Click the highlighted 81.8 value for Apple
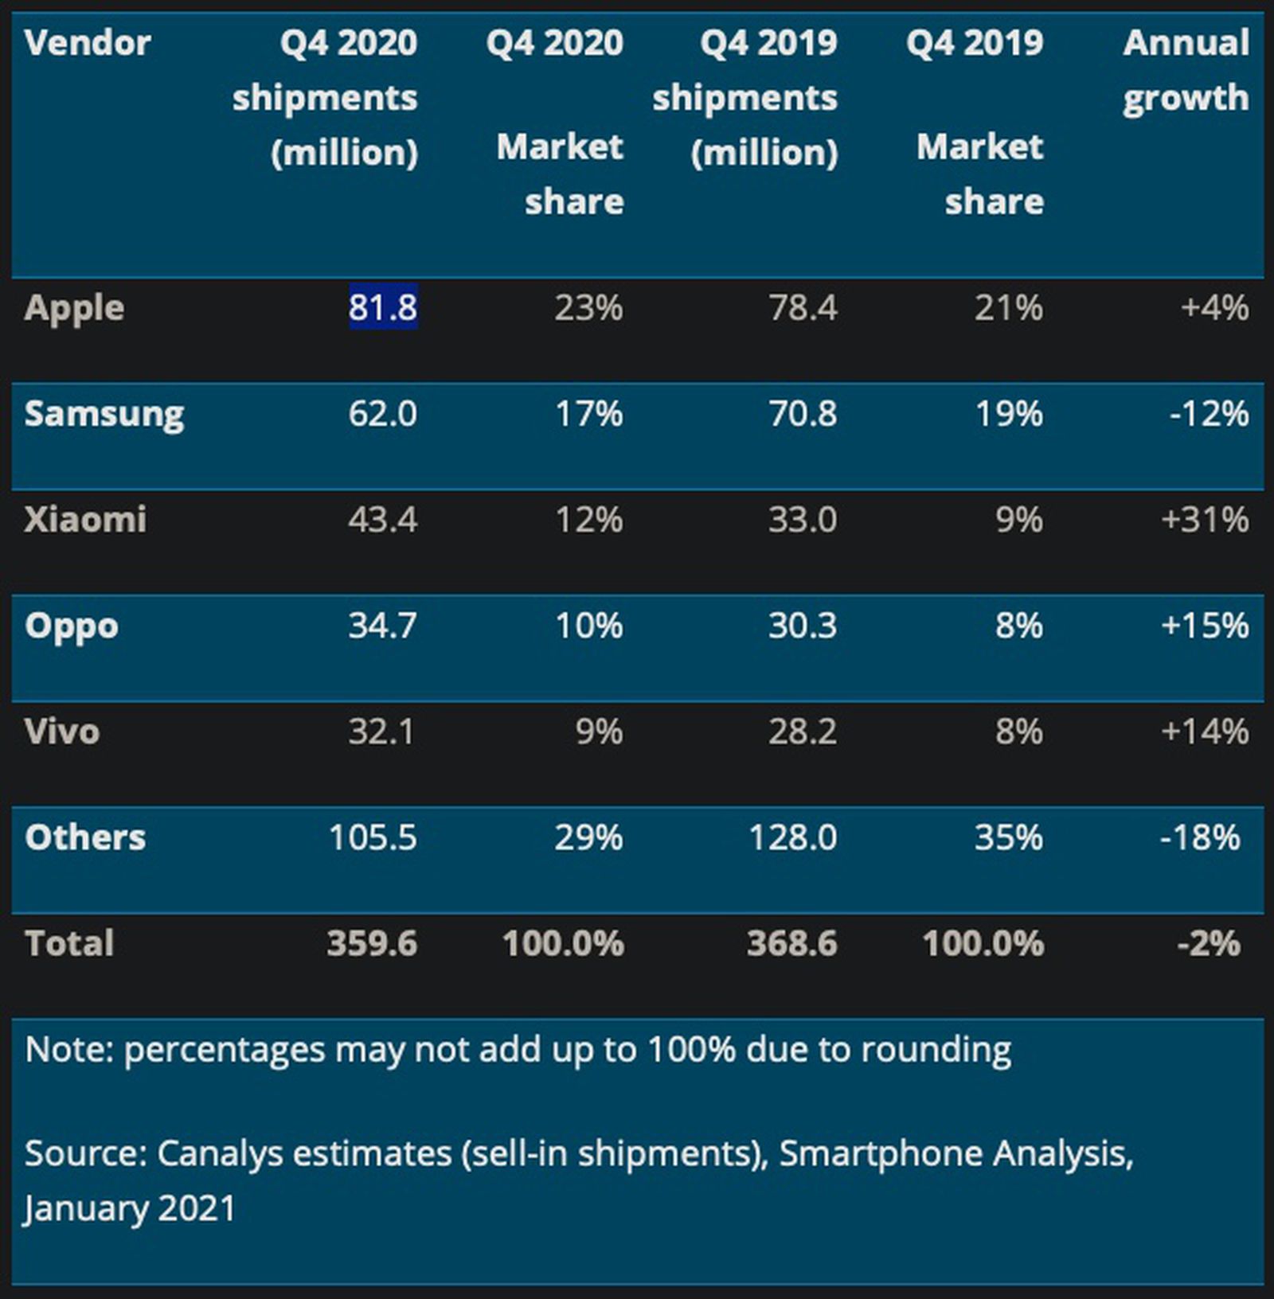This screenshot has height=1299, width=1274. [383, 307]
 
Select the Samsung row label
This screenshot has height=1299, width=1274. [104, 414]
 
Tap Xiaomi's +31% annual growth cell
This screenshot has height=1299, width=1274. [1205, 520]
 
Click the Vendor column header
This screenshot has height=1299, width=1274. [87, 43]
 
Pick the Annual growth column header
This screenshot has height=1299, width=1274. [1186, 70]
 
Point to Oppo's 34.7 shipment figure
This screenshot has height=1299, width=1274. [382, 626]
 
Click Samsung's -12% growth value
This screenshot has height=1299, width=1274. [1209, 414]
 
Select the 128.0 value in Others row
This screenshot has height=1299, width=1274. [793, 837]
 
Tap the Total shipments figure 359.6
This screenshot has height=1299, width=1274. [372, 943]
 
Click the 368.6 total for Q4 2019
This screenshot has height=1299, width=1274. [792, 943]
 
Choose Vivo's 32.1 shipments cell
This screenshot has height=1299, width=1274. [381, 731]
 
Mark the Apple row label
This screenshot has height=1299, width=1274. [74, 308]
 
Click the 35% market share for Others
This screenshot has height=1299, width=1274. [1009, 837]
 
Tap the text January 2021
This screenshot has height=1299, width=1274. [130, 1208]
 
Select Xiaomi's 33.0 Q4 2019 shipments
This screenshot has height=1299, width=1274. [803, 520]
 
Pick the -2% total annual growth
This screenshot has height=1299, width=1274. [1209, 943]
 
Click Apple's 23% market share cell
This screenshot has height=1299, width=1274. [588, 307]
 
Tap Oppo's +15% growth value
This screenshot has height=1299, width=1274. [1205, 626]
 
